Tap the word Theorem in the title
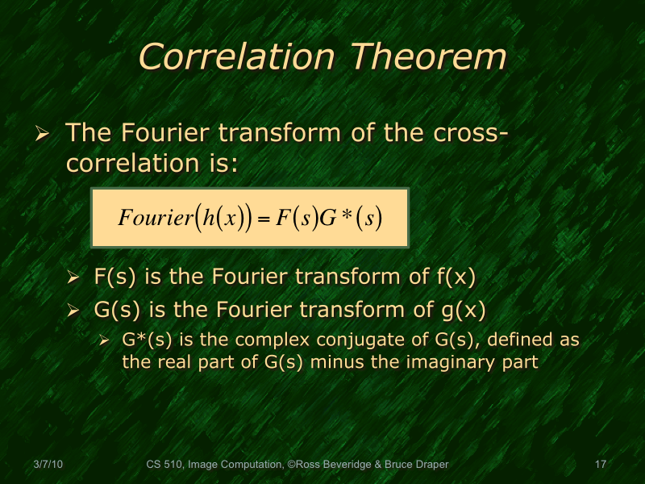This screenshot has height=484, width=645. (427, 57)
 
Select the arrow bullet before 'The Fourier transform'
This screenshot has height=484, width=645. (44, 133)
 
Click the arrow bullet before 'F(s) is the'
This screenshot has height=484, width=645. (74, 278)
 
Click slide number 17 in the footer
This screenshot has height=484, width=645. (599, 464)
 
